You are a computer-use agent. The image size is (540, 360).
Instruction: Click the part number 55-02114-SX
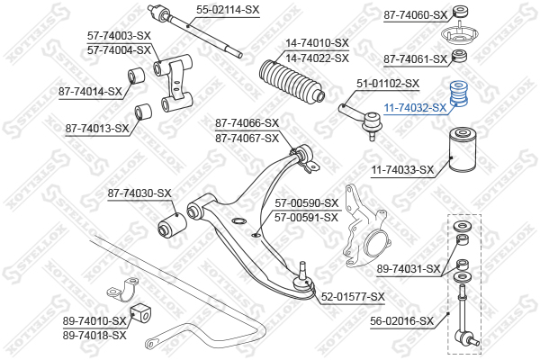coord(228,10)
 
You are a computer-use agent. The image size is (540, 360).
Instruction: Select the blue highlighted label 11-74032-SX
coord(415,108)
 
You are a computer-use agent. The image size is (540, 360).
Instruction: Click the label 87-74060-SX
coord(415,14)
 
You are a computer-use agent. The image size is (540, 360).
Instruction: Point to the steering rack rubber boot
coord(292,81)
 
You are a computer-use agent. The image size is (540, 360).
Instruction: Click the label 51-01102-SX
coord(387,84)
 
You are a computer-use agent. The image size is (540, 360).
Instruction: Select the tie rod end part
coord(360,120)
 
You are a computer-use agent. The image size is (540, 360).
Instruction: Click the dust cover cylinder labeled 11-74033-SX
coord(463,150)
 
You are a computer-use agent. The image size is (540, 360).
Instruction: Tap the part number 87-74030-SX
coord(139,193)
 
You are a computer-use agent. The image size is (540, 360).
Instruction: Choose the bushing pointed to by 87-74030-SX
coord(172,225)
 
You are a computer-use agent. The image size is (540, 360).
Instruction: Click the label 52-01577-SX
coord(353,297)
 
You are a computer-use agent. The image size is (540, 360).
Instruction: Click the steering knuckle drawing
coord(366,227)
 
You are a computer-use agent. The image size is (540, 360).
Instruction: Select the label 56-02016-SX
coord(401,321)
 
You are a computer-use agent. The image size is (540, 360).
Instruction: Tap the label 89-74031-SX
coord(409,268)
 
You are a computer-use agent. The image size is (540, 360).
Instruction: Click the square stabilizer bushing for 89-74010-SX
coord(142,312)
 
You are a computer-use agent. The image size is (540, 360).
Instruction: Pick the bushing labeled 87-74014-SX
coord(136,76)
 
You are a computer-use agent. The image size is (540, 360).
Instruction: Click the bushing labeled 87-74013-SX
coord(142,112)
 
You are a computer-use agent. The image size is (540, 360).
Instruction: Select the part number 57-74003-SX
coord(119,35)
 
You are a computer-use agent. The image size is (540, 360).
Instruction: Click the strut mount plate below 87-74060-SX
coord(459,34)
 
